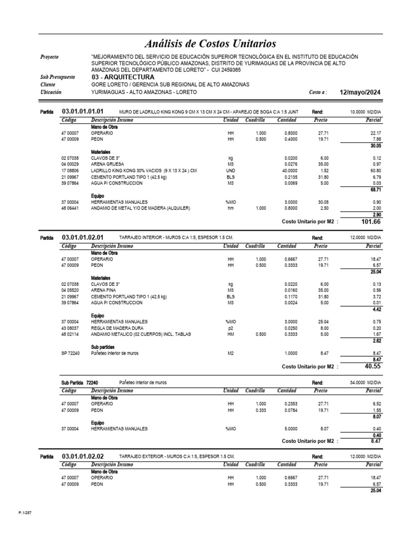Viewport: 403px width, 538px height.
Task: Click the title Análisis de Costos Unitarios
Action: (210, 43)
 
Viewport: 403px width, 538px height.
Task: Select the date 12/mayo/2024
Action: (360, 92)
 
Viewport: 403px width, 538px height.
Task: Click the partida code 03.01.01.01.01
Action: (82, 111)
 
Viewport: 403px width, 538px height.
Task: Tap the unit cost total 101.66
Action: (370, 222)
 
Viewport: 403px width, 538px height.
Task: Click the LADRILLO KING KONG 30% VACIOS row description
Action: (144, 171)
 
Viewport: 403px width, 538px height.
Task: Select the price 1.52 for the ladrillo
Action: (324, 171)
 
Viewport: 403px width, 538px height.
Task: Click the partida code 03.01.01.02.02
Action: (82, 456)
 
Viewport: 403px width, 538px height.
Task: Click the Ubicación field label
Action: (51, 92)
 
